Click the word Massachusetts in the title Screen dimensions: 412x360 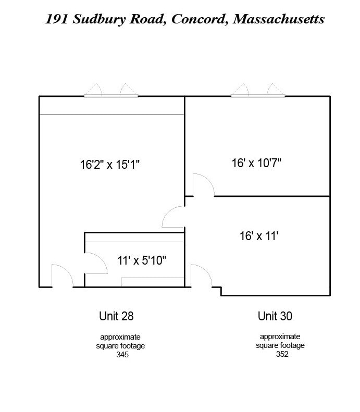click(x=278, y=19)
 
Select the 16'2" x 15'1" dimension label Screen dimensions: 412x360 click(x=110, y=165)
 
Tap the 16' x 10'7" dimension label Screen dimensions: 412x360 click(x=256, y=163)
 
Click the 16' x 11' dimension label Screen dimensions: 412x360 click(x=259, y=236)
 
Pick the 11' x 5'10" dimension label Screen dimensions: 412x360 click(x=141, y=260)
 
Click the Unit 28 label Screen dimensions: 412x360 click(x=120, y=316)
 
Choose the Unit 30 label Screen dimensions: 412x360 click(x=275, y=316)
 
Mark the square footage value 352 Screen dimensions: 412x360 click(x=282, y=354)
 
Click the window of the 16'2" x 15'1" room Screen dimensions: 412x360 click(x=111, y=91)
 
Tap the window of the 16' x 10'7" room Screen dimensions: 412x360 click(x=258, y=91)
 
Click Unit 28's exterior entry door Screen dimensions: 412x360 click(x=61, y=277)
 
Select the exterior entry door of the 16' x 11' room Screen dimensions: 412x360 click(x=201, y=276)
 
